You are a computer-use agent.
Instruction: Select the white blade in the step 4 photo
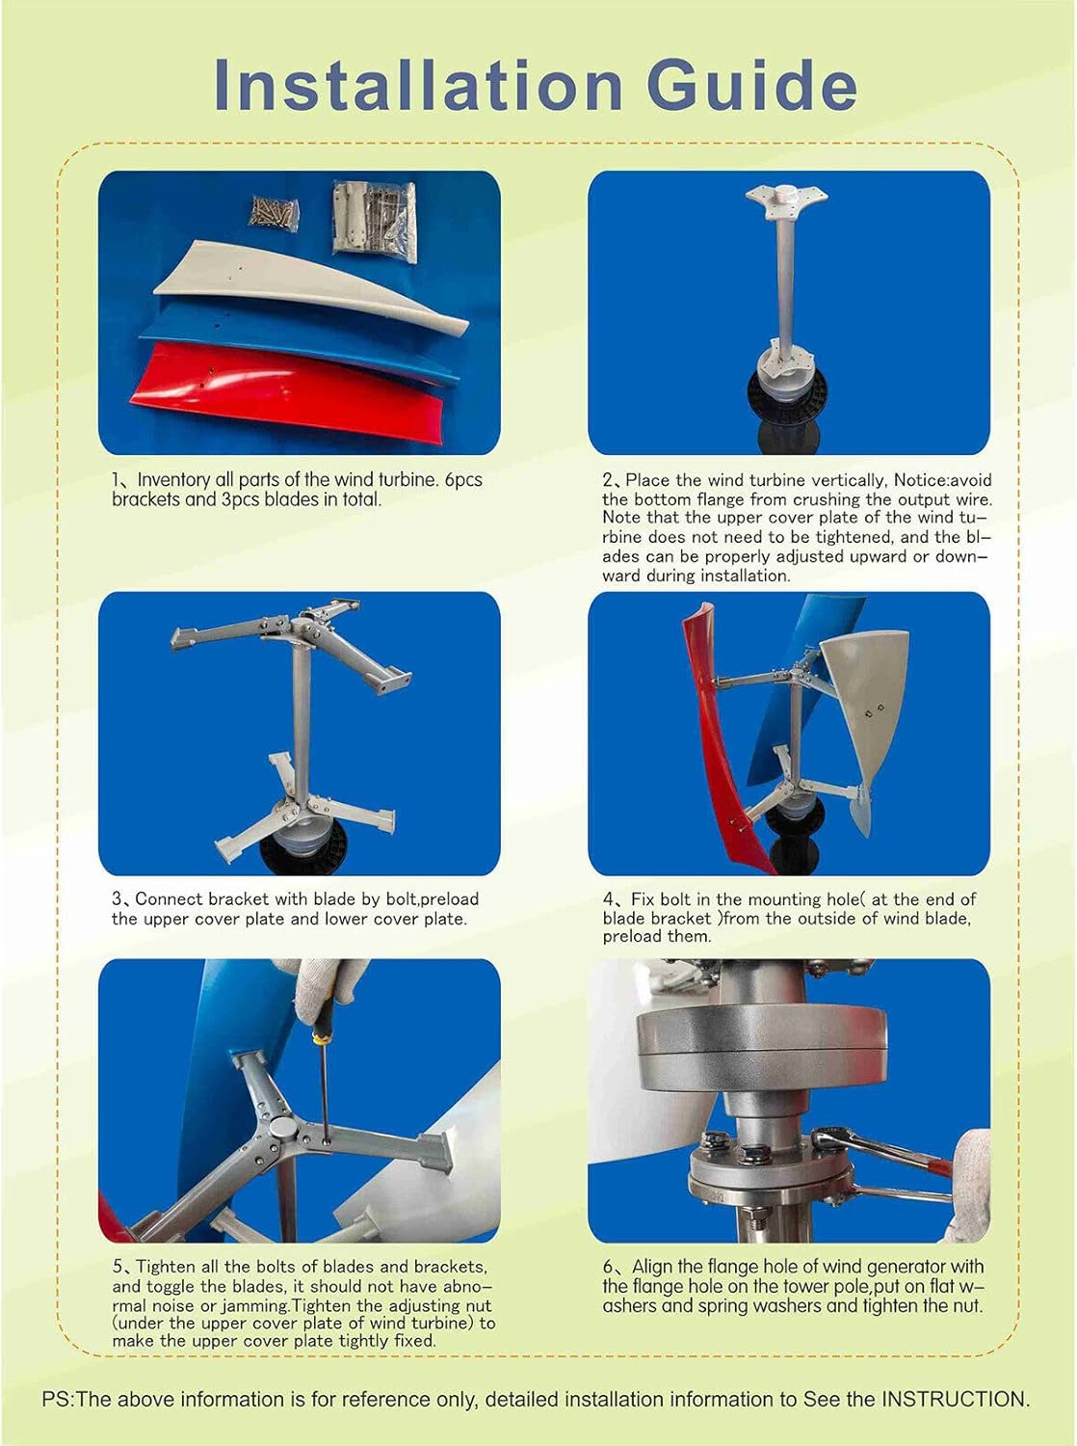tap(877, 713)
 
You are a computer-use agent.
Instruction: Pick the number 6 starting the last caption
tap(609, 1267)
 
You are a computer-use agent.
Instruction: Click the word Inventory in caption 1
tap(175, 480)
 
